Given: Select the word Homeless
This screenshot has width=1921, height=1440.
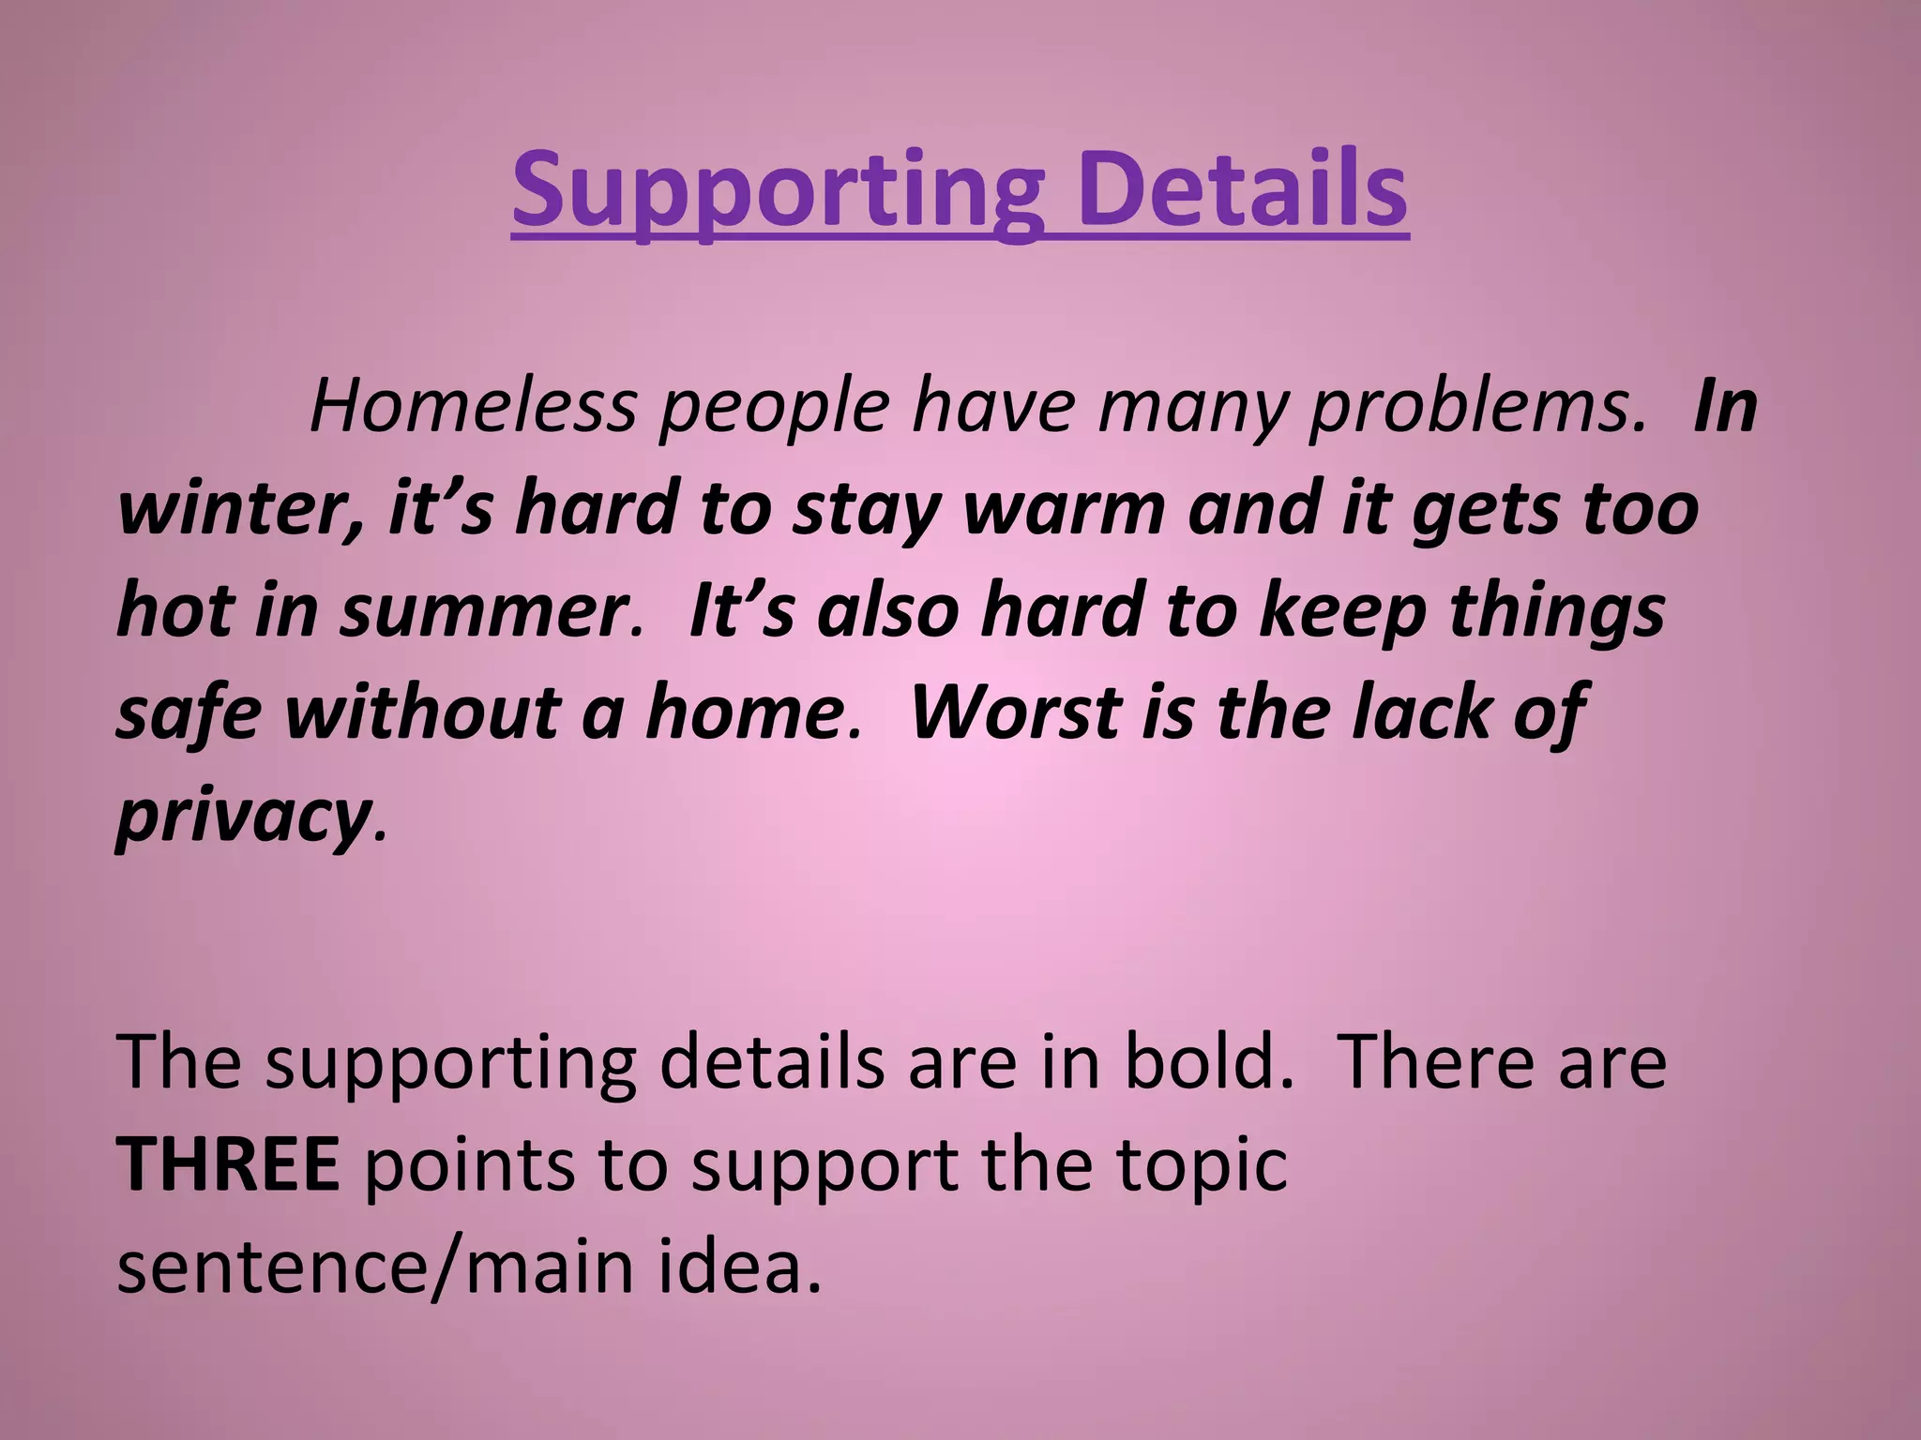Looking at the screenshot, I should (473, 407).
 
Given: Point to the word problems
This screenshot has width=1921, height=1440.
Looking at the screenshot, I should (1476, 409).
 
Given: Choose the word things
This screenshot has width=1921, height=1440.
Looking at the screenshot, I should (1556, 611).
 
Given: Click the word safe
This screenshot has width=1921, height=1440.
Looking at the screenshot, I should (188, 712).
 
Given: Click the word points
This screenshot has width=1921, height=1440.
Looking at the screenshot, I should (469, 1167).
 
